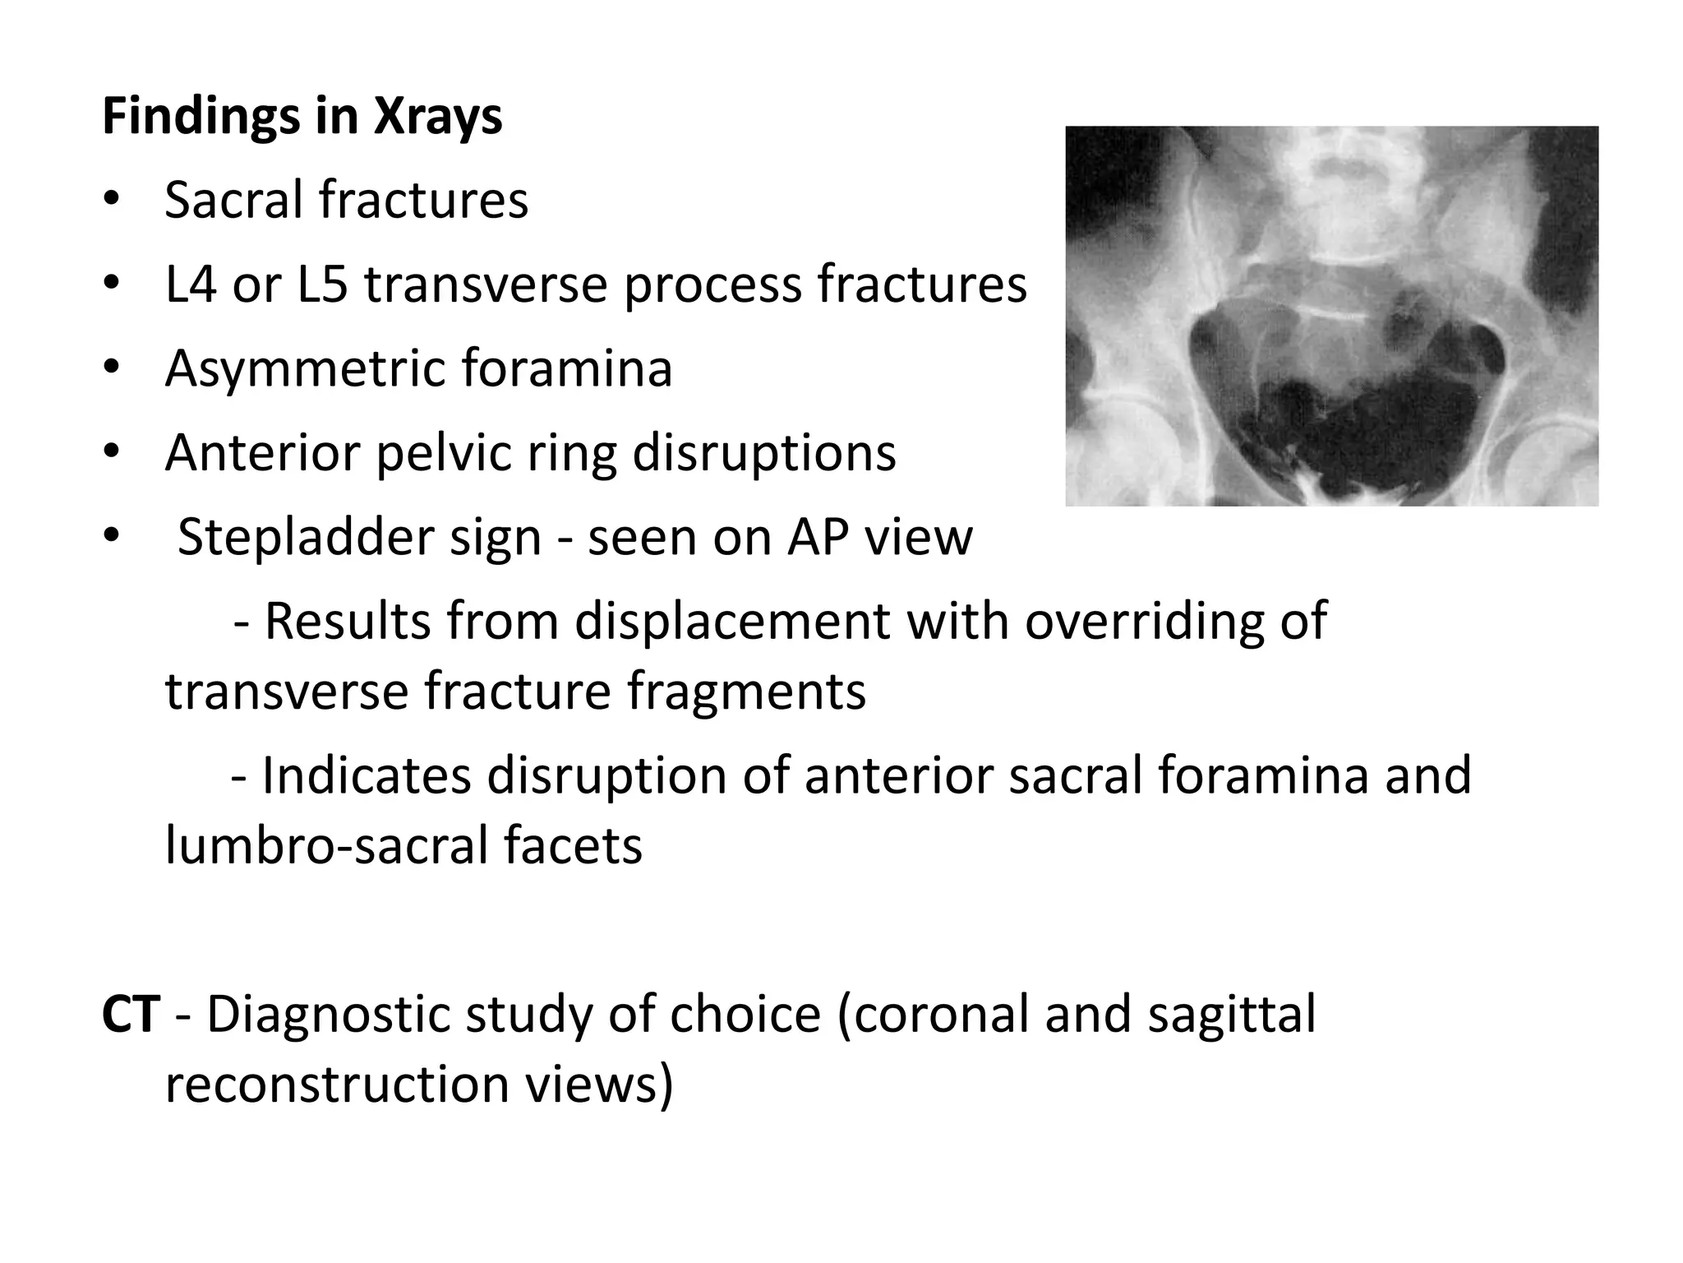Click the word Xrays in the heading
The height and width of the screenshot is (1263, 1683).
click(438, 118)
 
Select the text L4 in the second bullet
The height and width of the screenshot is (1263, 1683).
click(190, 285)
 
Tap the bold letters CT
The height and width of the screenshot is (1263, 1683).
click(130, 1014)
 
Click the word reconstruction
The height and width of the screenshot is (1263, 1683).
click(337, 1084)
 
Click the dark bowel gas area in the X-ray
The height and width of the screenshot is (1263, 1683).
click(1364, 411)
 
